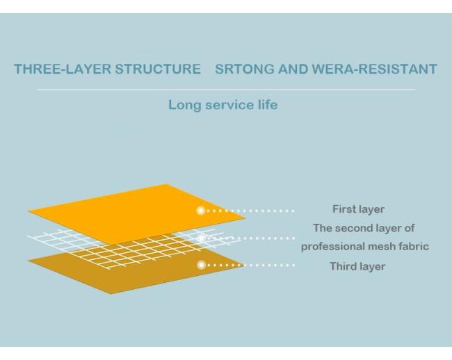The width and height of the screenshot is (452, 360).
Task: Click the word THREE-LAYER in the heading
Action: point(63,69)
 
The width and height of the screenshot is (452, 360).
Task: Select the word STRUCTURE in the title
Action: point(158,69)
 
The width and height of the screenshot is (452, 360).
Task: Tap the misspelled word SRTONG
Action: point(245,69)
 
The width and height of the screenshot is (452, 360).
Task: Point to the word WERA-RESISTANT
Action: point(374,69)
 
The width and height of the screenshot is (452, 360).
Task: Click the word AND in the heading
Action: point(293,69)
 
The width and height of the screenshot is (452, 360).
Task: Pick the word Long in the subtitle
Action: point(184,105)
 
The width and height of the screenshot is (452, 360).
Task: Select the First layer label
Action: point(358,209)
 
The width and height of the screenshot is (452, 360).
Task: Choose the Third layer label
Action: point(357,266)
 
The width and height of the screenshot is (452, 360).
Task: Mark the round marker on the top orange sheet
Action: point(201,211)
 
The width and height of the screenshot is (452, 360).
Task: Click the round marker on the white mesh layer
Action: point(201,238)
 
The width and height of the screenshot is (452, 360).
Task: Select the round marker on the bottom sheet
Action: point(202,265)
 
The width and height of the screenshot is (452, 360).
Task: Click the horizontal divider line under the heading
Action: point(226,90)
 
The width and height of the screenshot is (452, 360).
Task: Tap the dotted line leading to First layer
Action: point(250,211)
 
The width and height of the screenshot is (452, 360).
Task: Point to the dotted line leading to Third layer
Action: point(250,265)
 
